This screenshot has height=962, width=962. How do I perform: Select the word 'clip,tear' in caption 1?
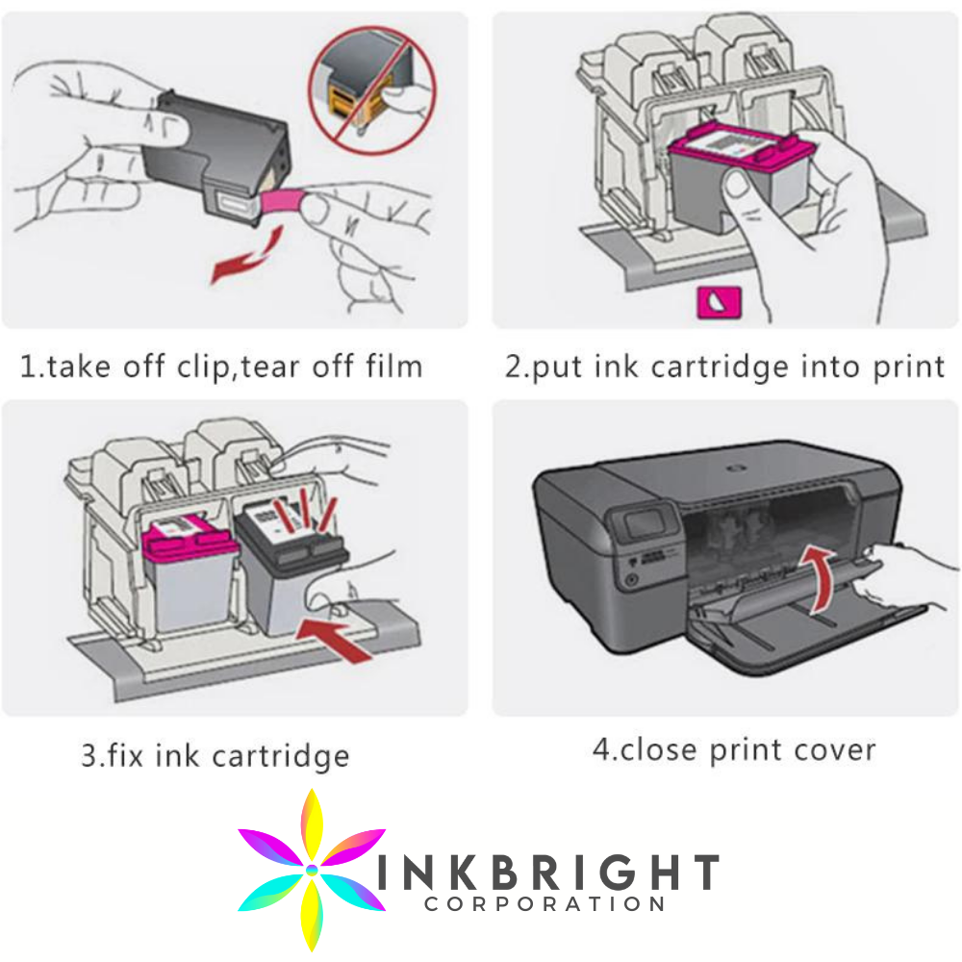[253, 366]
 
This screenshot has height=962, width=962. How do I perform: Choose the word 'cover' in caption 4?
[828, 748]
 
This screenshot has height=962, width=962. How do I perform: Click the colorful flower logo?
[311, 869]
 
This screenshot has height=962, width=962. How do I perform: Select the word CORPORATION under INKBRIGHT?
[545, 904]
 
